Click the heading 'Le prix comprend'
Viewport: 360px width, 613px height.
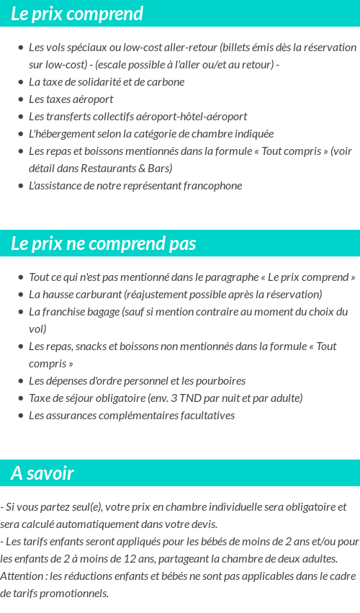(x=77, y=14)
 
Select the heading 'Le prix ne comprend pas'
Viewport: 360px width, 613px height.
(x=103, y=243)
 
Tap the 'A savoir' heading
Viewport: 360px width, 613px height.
(x=42, y=473)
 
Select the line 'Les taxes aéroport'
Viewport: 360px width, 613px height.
(x=71, y=99)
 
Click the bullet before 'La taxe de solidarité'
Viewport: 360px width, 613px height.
(x=21, y=82)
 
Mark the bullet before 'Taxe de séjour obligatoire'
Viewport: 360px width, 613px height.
(x=21, y=398)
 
